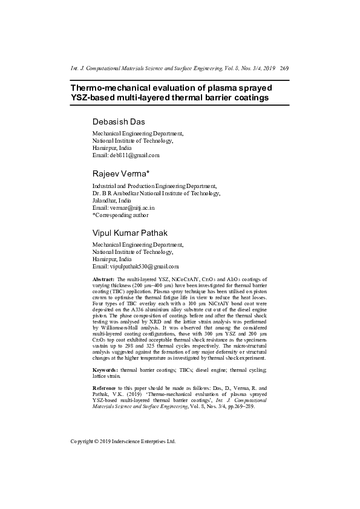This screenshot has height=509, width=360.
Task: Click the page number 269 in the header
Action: point(284,69)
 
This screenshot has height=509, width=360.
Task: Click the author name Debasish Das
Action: point(118,122)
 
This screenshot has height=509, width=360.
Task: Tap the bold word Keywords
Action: point(105,369)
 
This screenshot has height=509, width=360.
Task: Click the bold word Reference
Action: point(106,387)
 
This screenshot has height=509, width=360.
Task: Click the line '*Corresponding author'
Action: point(120,215)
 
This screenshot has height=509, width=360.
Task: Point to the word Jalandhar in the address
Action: point(105,200)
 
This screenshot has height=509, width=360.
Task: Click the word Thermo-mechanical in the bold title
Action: point(111,87)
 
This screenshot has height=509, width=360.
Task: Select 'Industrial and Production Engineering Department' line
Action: point(154,186)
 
